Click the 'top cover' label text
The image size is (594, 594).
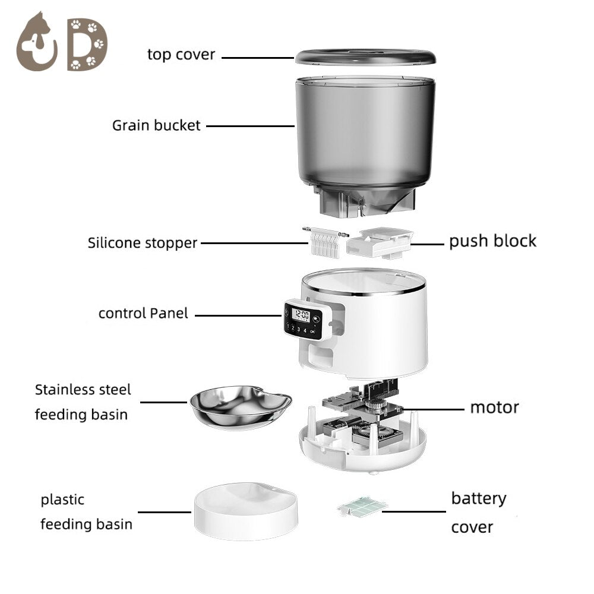coord(181,55)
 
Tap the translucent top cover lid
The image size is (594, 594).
coord(365,57)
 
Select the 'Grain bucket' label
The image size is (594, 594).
coord(156,126)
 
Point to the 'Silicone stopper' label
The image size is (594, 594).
coord(142,243)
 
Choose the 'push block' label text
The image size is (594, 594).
coord(492,241)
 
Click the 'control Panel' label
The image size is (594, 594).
coord(143,314)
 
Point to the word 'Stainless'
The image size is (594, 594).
coord(64,390)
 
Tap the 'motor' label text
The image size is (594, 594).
coord(494,407)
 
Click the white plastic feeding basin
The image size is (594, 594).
coord(244,511)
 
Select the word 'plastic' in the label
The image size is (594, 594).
coord(62,500)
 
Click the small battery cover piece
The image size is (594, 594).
coord(362,506)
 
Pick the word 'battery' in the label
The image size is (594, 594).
coord(478,498)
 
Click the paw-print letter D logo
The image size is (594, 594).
coord(87,44)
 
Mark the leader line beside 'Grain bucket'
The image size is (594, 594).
coord(250,126)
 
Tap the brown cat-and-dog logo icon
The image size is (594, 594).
coord(37,43)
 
